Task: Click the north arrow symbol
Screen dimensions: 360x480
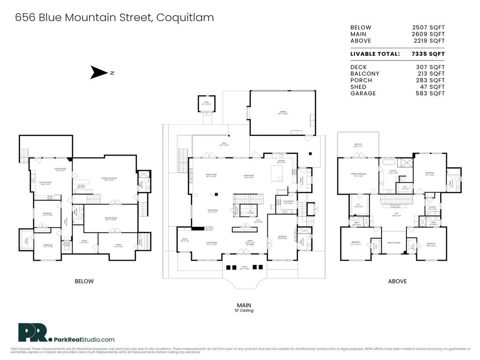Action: pyautogui.click(x=99, y=73)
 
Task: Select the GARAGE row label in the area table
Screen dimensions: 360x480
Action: pyautogui.click(x=363, y=93)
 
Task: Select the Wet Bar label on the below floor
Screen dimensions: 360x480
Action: pyautogui.click(x=81, y=187)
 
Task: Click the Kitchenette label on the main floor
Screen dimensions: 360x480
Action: pyautogui.click(x=288, y=202)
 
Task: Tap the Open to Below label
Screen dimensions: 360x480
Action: pyautogui.click(x=393, y=243)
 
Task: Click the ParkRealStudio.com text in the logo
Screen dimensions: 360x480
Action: pyautogui.click(x=83, y=339)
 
